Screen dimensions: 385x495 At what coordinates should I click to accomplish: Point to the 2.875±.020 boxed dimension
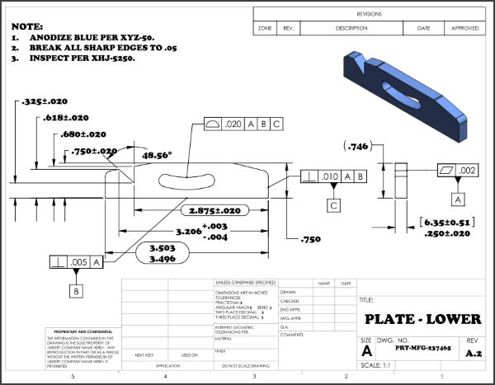214,211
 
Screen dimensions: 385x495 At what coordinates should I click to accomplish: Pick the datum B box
77,290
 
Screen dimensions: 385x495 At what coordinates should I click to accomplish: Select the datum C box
333,204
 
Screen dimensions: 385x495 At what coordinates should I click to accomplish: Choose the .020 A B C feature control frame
243,124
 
